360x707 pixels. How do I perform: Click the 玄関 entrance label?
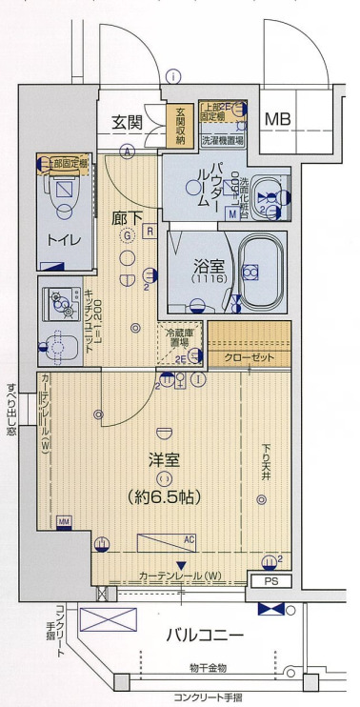pyautogui.click(x=128, y=121)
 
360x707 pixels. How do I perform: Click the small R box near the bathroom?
pyautogui.click(x=151, y=230)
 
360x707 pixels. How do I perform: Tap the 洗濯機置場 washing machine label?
pyautogui.click(x=223, y=140)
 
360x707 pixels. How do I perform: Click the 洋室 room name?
pyautogui.click(x=163, y=458)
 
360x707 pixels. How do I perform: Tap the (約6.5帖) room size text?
pyautogui.click(x=164, y=495)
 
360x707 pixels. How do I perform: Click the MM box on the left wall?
pyautogui.click(x=64, y=521)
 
